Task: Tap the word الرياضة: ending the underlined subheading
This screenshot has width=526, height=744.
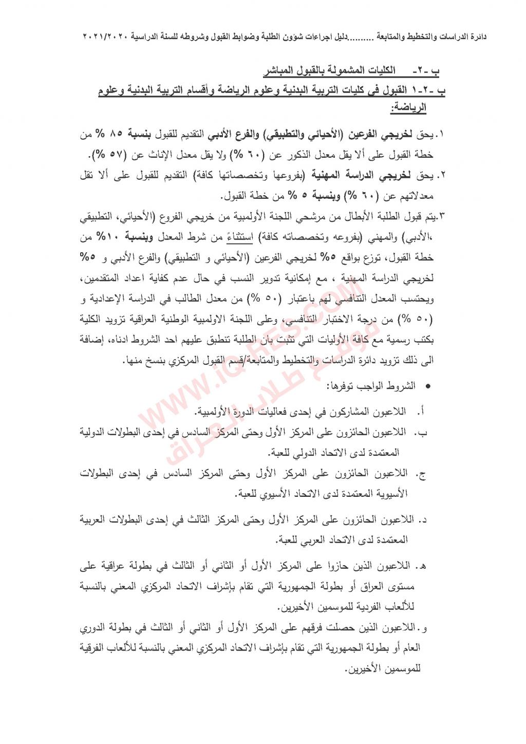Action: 408,108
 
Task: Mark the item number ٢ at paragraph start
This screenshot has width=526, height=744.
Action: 441,176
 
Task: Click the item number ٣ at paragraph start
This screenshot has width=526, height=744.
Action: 441,217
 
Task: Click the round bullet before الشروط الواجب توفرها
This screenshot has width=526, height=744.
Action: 428,385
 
